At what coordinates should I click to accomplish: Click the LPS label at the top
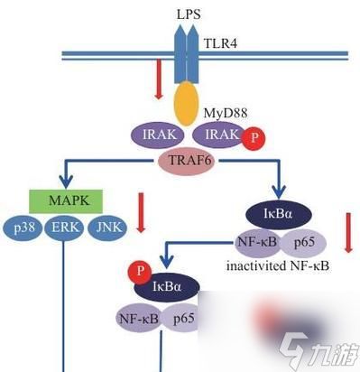tap(188, 14)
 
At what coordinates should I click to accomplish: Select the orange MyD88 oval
tap(186, 105)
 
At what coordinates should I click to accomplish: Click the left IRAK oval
tap(158, 135)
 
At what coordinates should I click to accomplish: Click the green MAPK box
tap(65, 199)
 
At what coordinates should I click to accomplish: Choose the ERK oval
tap(64, 227)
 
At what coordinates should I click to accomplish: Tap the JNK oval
tap(106, 227)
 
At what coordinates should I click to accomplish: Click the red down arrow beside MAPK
tap(141, 212)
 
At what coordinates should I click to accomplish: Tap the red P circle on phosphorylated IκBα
tap(139, 271)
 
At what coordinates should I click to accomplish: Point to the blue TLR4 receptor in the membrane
tap(188, 49)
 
